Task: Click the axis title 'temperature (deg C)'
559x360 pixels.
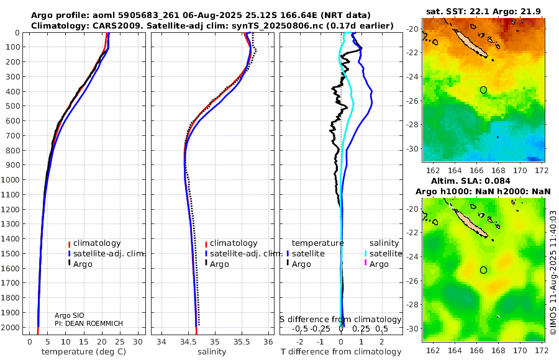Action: tap(85, 352)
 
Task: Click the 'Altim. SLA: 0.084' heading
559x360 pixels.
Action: tap(484, 180)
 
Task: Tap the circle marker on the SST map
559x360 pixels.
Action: tap(483, 90)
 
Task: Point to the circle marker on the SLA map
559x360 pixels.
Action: tap(483, 270)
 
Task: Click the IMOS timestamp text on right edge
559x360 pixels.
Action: tap(553, 273)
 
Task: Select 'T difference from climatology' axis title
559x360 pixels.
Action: tap(341, 352)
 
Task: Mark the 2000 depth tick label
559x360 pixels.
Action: tap(12, 328)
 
